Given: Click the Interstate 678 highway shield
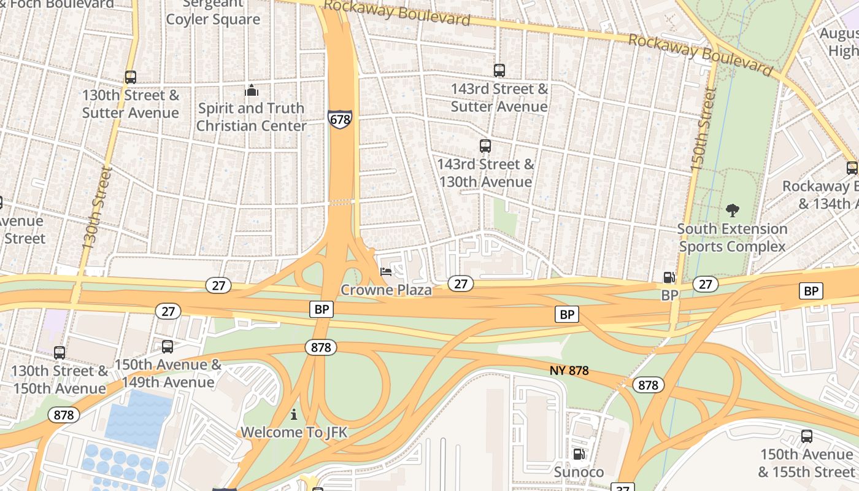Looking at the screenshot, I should coord(340,118).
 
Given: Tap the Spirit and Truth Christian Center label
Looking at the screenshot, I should coord(251,117).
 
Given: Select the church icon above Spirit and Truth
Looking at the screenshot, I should coord(252,91).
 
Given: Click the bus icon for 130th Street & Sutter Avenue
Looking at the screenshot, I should coord(131,77).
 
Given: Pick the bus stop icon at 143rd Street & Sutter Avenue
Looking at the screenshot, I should coord(499,71).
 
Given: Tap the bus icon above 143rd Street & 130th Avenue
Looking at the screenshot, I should coord(485,146).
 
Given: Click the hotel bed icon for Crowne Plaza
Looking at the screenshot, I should coord(386,271).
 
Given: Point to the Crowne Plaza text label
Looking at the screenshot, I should coord(386,290).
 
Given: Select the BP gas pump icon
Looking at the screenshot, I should coord(669,277).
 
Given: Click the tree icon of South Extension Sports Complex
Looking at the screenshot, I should coord(732,211).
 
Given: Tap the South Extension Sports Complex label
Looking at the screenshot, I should coord(732,238).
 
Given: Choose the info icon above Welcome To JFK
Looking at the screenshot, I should coord(294,415).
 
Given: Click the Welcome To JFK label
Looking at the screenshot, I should coord(294,432).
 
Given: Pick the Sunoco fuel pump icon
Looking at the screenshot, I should coord(579,454).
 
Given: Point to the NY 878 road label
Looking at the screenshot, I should coord(569,371).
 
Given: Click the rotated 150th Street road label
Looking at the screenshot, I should coord(703,129).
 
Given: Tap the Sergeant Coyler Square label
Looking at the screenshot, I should coord(213,12).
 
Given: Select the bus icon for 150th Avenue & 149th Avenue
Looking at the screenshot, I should coord(168,347).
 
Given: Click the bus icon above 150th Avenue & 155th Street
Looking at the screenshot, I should coord(807,436).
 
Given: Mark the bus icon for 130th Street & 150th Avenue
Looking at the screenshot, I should coord(60,353).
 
